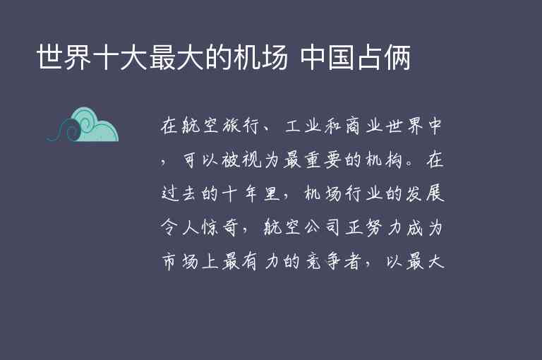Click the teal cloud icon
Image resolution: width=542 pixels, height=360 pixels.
(83, 126)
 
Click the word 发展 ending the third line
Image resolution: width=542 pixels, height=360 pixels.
(426, 194)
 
